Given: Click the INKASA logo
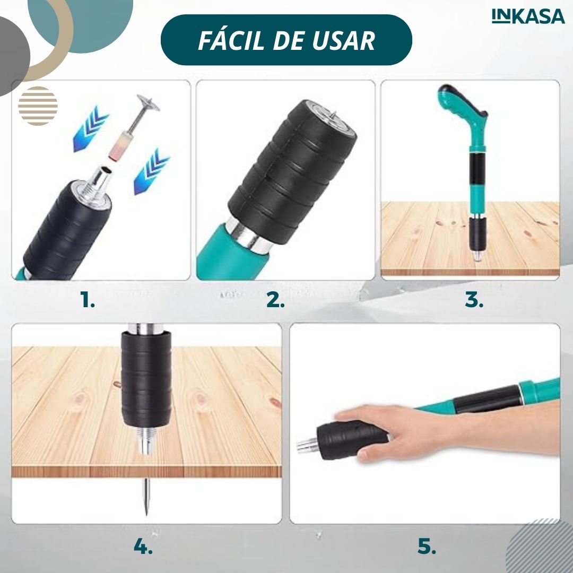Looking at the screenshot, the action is [528, 16].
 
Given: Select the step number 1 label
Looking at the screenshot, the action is [88, 300].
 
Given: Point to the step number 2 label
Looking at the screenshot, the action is [275, 300].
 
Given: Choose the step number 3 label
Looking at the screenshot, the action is [474, 300].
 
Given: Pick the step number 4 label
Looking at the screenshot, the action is [143, 546].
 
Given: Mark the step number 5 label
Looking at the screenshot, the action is [427, 546].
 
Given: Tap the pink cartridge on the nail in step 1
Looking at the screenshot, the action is [117, 146].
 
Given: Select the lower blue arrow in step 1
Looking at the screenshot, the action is [151, 171].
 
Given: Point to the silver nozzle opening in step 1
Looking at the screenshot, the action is [105, 170].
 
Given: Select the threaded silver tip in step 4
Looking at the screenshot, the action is [146, 441].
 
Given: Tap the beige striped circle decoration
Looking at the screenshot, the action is [38, 106].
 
